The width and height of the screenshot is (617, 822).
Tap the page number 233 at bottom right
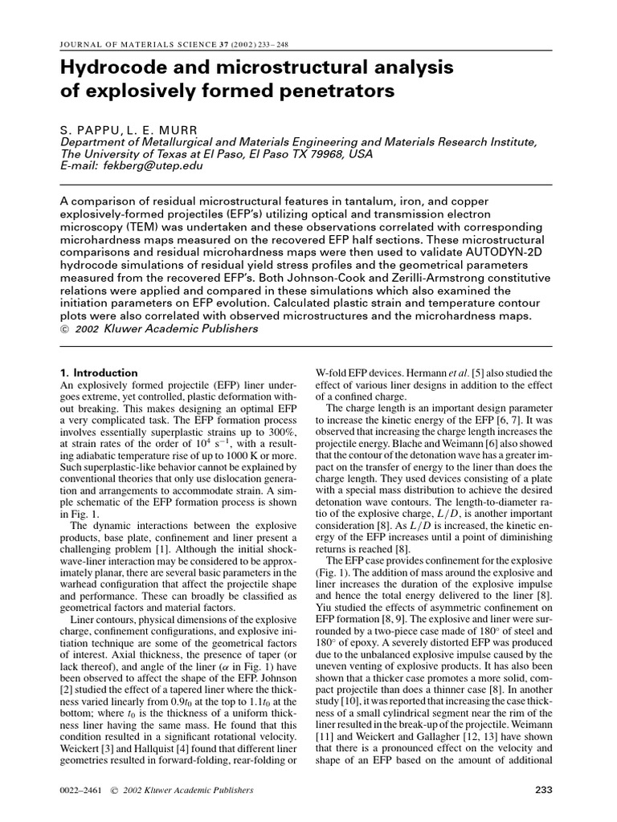click(544, 790)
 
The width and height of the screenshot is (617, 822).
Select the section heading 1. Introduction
click(100, 372)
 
